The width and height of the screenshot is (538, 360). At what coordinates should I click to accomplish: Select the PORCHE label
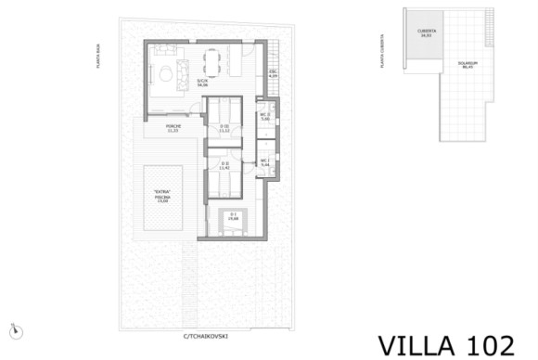coord(173,127)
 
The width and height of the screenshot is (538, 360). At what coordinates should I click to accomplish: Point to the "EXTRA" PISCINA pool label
coord(163,199)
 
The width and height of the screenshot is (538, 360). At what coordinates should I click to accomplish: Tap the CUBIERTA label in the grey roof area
coord(427,32)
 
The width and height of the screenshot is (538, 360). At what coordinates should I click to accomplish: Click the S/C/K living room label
coord(203,84)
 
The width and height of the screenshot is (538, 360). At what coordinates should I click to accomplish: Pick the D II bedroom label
coord(225,165)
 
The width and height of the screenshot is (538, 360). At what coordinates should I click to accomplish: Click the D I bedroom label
coord(234,217)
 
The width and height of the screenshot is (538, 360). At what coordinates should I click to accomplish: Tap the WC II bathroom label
coord(265,117)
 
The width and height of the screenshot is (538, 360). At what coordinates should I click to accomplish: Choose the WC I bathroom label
coord(265,162)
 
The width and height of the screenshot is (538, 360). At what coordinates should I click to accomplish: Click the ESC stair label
coord(273,74)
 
